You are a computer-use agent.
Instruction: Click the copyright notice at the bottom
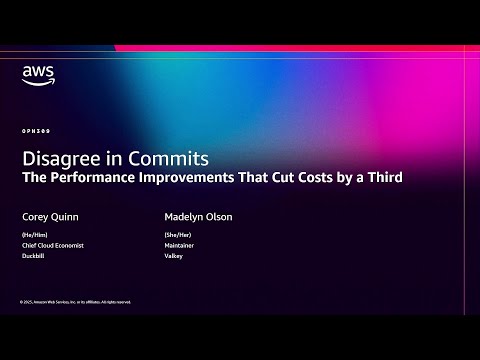(x=74, y=301)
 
